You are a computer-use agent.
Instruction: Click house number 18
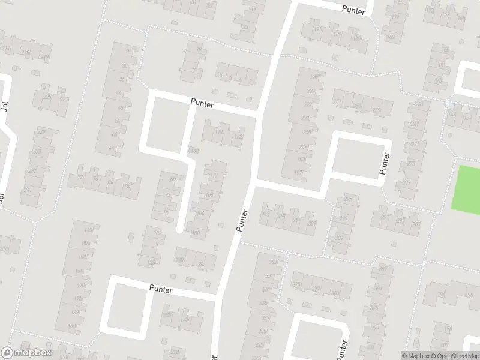tap(127, 52)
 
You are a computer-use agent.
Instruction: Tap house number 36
tap(122, 79)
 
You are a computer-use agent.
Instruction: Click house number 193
tap(318, 29)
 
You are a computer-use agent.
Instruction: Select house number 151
tap(442, 65)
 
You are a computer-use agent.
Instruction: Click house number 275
tap(410, 163)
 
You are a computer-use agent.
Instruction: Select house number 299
tap(344, 218)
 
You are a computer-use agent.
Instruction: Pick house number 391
tap(378, 289)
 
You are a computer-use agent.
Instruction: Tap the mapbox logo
tap(26, 353)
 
